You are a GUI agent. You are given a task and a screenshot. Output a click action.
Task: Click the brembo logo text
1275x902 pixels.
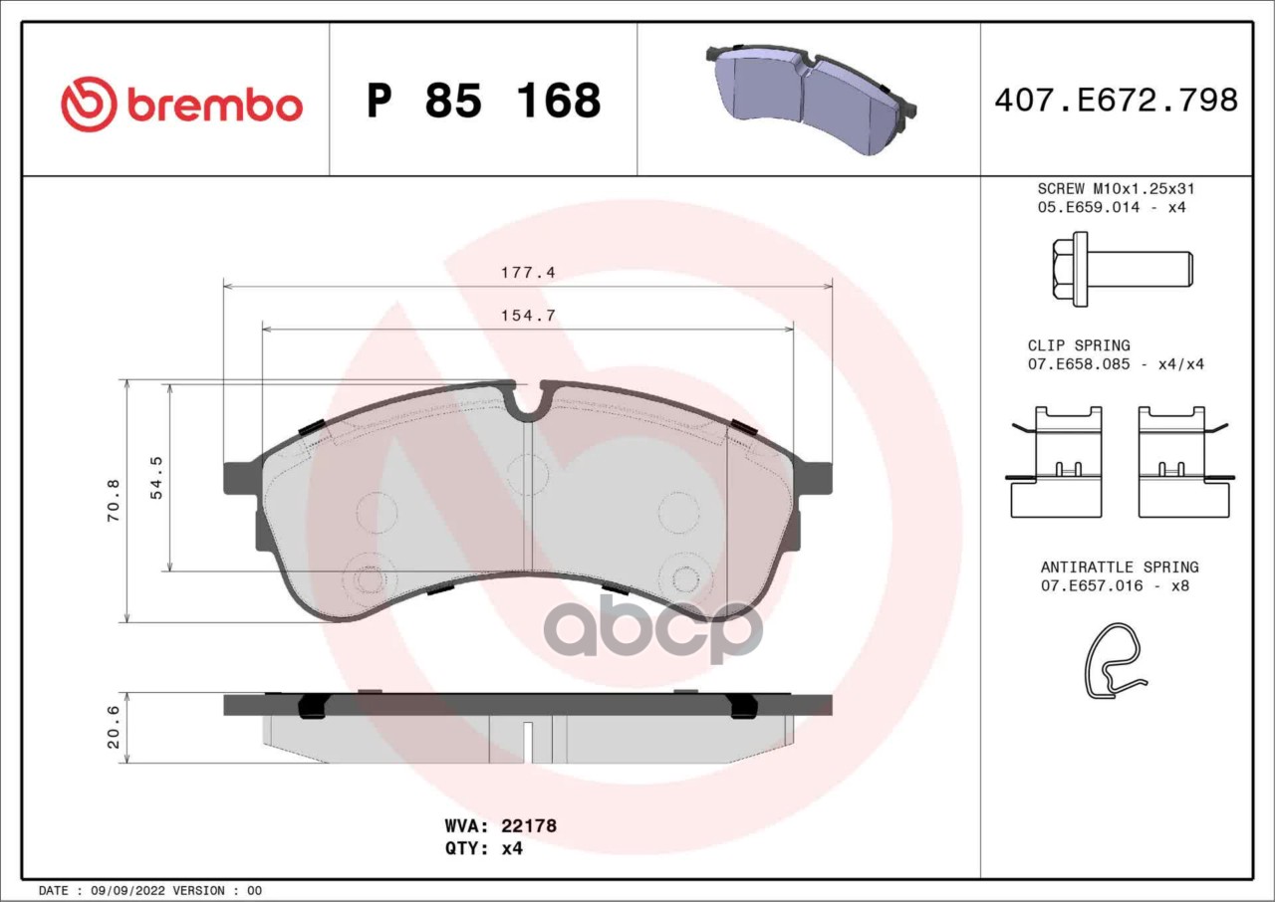pyautogui.click(x=214, y=106)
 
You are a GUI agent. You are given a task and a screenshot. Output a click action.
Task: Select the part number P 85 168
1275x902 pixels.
pyautogui.click(x=484, y=101)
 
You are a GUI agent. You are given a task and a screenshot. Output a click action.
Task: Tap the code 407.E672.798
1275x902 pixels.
pyautogui.click(x=1117, y=101)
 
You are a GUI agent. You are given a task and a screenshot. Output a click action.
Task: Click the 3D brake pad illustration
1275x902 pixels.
pyautogui.click(x=811, y=99)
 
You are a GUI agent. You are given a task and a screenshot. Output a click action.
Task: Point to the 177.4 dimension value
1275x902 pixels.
pyautogui.click(x=528, y=273)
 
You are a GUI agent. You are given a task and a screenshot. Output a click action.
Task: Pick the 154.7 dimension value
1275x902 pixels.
pyautogui.click(x=528, y=315)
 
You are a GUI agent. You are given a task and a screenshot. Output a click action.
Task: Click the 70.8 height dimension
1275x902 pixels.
pyautogui.click(x=114, y=501)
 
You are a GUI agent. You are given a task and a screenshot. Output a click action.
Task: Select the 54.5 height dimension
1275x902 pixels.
pyautogui.click(x=156, y=478)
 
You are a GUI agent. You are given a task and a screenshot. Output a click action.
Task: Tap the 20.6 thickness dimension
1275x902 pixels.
pyautogui.click(x=114, y=728)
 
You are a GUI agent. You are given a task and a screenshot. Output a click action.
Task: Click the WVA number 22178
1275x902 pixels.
pyautogui.click(x=529, y=825)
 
